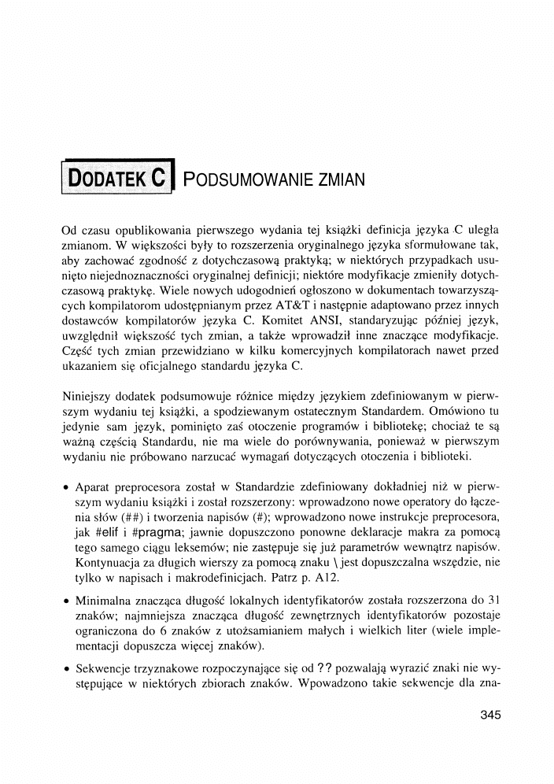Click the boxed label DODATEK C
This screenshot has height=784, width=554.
[x=117, y=177]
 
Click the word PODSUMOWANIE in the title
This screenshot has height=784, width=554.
[x=248, y=179]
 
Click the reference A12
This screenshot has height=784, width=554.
[x=323, y=575]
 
